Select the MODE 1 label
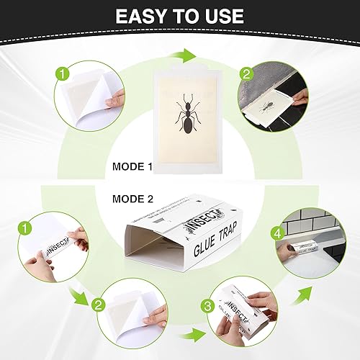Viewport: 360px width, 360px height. point(132,167)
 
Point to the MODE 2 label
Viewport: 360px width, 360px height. point(132,198)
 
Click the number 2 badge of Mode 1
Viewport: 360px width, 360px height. point(246,74)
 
